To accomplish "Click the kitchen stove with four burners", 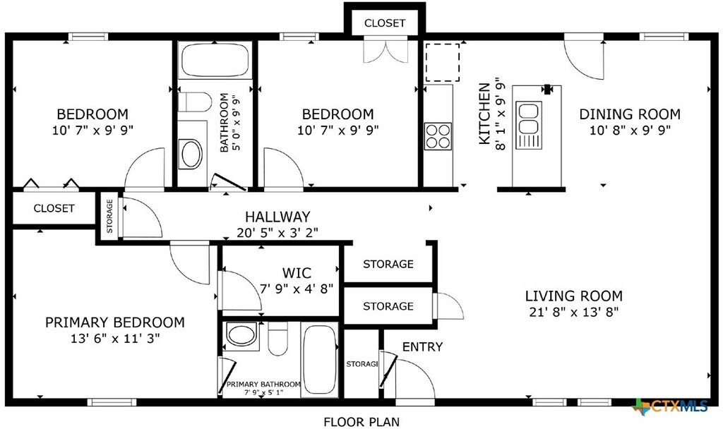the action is click(438, 136).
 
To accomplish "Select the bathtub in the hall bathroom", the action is click(215, 61).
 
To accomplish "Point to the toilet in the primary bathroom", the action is click(277, 339).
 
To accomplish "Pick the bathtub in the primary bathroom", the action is click(320, 359).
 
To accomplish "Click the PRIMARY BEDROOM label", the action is click(115, 322).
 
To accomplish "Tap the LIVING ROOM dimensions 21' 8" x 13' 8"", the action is click(573, 312).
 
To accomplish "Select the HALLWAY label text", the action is click(277, 217).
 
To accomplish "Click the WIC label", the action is click(297, 273).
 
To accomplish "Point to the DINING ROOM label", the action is click(630, 114).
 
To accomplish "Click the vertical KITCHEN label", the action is click(484, 114).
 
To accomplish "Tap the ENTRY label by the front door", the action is click(422, 346).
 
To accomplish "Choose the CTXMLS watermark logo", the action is click(671, 406).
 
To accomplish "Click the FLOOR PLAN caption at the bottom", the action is click(361, 422).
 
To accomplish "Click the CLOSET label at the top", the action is click(385, 23).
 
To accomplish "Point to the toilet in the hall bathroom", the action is click(195, 102).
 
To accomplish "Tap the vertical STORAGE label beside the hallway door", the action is click(109, 216).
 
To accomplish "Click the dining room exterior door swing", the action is click(585, 58).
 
